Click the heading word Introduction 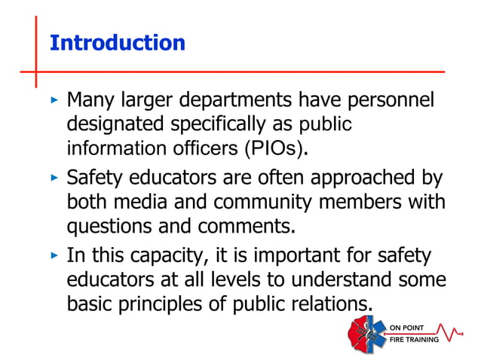(117, 43)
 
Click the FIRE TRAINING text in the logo (414, 338)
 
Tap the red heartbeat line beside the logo (455, 332)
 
